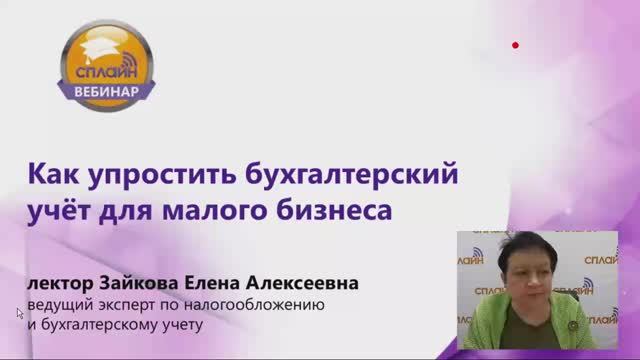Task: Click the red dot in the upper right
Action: tap(515, 45)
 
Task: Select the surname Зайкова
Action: tap(155, 285)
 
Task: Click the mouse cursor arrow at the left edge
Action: tap(19, 313)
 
